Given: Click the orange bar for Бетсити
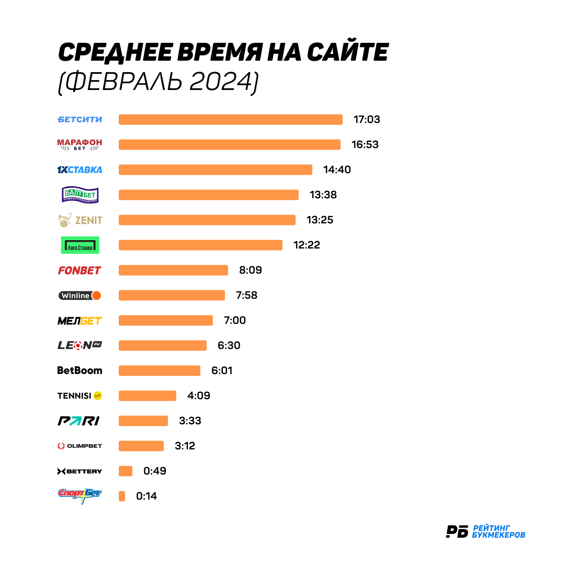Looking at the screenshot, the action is pos(231,120).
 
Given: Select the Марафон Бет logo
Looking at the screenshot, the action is pos(80,144).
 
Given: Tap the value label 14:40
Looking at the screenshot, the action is pos(337,169).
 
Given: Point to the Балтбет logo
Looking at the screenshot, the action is pos(80,195).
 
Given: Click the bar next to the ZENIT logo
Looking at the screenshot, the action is pos(207,220).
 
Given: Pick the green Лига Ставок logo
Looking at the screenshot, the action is pos(80,245).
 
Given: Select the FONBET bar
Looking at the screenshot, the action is pos(173,270).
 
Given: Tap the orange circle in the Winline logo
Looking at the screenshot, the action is pos(96,296).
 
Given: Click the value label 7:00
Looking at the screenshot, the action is pos(234,320).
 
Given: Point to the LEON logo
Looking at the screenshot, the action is pos(80,346).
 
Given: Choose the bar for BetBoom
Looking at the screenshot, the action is pos(160,371).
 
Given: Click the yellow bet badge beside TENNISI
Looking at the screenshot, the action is pos(98,395).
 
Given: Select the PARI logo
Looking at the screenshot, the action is pos(78,421).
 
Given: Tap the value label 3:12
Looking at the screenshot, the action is pos(185,446).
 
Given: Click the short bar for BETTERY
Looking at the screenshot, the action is pos(126,471).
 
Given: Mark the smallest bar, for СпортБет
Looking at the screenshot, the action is pos(122,496).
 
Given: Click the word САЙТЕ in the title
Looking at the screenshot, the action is pos(348,51).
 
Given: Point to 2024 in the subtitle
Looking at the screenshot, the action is pos(222,82).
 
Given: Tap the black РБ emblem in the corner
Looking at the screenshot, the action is pos(457,532).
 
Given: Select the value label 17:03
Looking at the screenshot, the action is pos(367,120).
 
